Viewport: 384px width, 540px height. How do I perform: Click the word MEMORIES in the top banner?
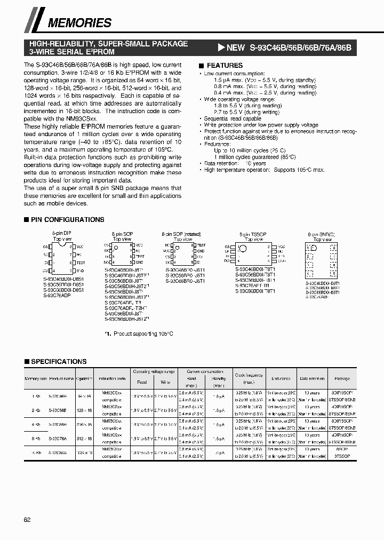(80, 23)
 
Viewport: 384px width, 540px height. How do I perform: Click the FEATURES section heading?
(225, 65)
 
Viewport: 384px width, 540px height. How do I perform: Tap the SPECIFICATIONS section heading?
(59, 361)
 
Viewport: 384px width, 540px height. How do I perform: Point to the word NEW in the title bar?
(235, 47)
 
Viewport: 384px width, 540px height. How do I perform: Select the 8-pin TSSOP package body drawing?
(250, 253)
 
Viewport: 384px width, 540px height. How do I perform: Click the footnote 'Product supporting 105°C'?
(139, 333)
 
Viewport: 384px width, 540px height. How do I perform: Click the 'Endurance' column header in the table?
(281, 378)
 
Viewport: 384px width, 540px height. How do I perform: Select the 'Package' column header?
(342, 378)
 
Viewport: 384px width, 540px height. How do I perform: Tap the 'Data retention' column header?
(311, 378)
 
